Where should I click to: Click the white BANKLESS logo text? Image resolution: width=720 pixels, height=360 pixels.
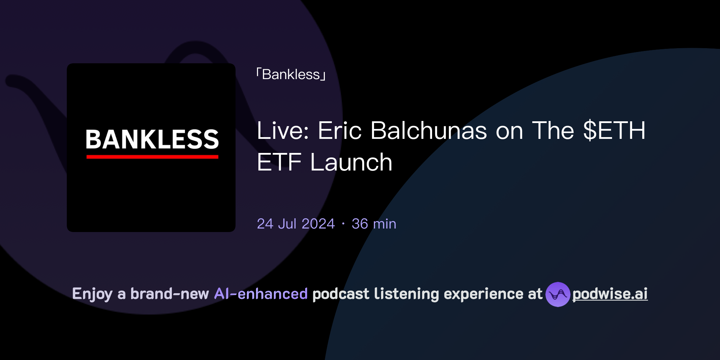pyautogui.click(x=152, y=139)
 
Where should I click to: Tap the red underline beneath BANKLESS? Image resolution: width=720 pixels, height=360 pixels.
pyautogui.click(x=152, y=157)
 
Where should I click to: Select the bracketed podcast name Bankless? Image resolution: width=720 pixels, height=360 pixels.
pyautogui.click(x=291, y=75)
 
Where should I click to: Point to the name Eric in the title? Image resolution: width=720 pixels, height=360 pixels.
pyautogui.click(x=340, y=131)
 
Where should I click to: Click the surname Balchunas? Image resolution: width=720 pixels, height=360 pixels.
pyautogui.click(x=429, y=131)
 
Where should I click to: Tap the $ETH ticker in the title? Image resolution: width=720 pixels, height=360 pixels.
pyautogui.click(x=614, y=131)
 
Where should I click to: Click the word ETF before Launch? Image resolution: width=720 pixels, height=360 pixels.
pyautogui.click(x=279, y=162)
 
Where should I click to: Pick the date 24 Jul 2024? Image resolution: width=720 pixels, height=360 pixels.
pyautogui.click(x=296, y=224)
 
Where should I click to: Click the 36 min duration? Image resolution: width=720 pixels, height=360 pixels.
pyautogui.click(x=374, y=224)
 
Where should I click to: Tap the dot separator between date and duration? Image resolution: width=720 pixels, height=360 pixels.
pyautogui.click(x=343, y=224)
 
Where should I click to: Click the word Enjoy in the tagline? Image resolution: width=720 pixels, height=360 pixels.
pyautogui.click(x=92, y=294)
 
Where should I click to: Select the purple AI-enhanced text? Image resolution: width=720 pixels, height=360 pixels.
pyautogui.click(x=261, y=294)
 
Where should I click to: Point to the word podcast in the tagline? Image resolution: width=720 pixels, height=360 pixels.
pyautogui.click(x=341, y=294)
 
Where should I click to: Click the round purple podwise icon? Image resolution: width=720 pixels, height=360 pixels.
pyautogui.click(x=558, y=294)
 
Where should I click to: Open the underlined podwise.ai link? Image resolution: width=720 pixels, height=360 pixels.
pyautogui.click(x=610, y=294)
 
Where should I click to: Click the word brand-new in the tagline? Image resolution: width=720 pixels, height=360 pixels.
pyautogui.click(x=169, y=294)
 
